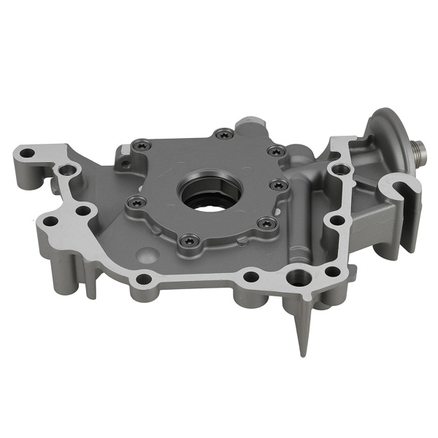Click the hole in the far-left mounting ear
[x=27, y=154]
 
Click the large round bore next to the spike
[x=298, y=277]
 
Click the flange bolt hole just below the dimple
[x=145, y=278]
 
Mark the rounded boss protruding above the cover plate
[x=253, y=120]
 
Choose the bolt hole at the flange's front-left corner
[x=50, y=220]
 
